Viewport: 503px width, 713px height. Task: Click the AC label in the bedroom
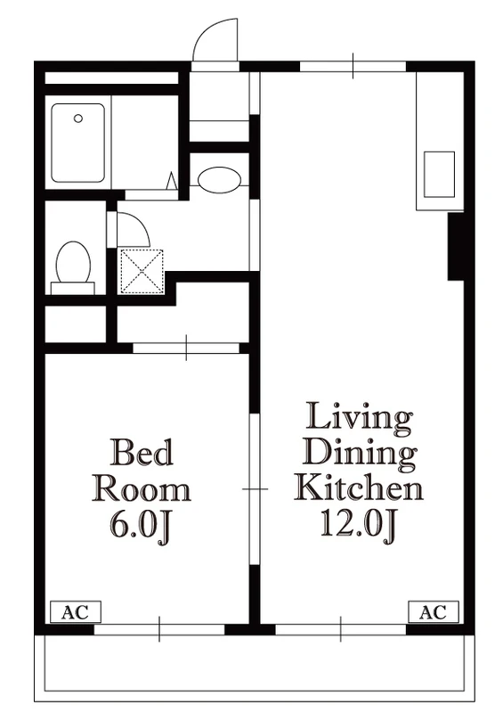click(75, 612)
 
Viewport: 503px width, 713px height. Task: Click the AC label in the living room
click(433, 612)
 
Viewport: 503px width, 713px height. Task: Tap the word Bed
click(142, 452)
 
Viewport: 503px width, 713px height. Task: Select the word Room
click(142, 488)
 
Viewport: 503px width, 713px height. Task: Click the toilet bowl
click(73, 262)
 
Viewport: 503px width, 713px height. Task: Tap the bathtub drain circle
click(78, 119)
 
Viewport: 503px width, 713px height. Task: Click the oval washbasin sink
click(220, 180)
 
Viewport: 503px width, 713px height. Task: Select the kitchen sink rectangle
click(439, 174)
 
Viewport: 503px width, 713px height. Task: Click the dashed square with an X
click(142, 272)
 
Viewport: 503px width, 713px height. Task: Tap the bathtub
click(77, 143)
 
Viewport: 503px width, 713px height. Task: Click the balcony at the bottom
click(255, 668)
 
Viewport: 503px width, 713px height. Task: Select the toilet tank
click(73, 288)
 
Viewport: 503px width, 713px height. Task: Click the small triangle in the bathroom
click(172, 181)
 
